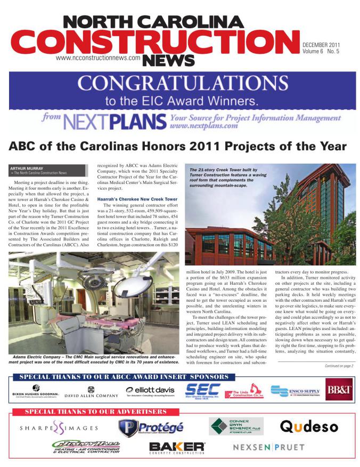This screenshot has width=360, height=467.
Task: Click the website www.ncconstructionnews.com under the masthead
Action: pyautogui.click(x=101, y=57)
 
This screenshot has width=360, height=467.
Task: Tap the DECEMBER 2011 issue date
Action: pyautogui.click(x=321, y=44)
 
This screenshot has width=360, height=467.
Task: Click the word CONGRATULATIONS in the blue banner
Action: pyautogui.click(x=179, y=84)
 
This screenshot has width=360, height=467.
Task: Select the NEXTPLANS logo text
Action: pyautogui.click(x=113, y=122)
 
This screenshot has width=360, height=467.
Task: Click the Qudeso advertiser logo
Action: pyautogui.click(x=308, y=427)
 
